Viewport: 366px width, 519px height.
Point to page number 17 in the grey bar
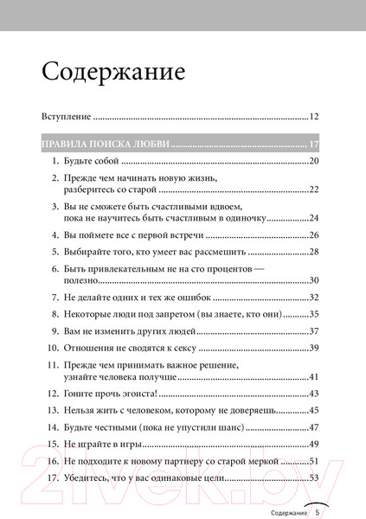click(314, 144)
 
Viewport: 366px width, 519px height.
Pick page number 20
click(314, 162)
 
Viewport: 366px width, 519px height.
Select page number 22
click(314, 189)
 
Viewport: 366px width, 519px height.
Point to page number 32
click(314, 297)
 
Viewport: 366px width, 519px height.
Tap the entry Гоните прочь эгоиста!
click(109, 392)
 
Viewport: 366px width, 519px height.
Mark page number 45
click(314, 409)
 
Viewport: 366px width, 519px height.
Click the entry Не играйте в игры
click(103, 443)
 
